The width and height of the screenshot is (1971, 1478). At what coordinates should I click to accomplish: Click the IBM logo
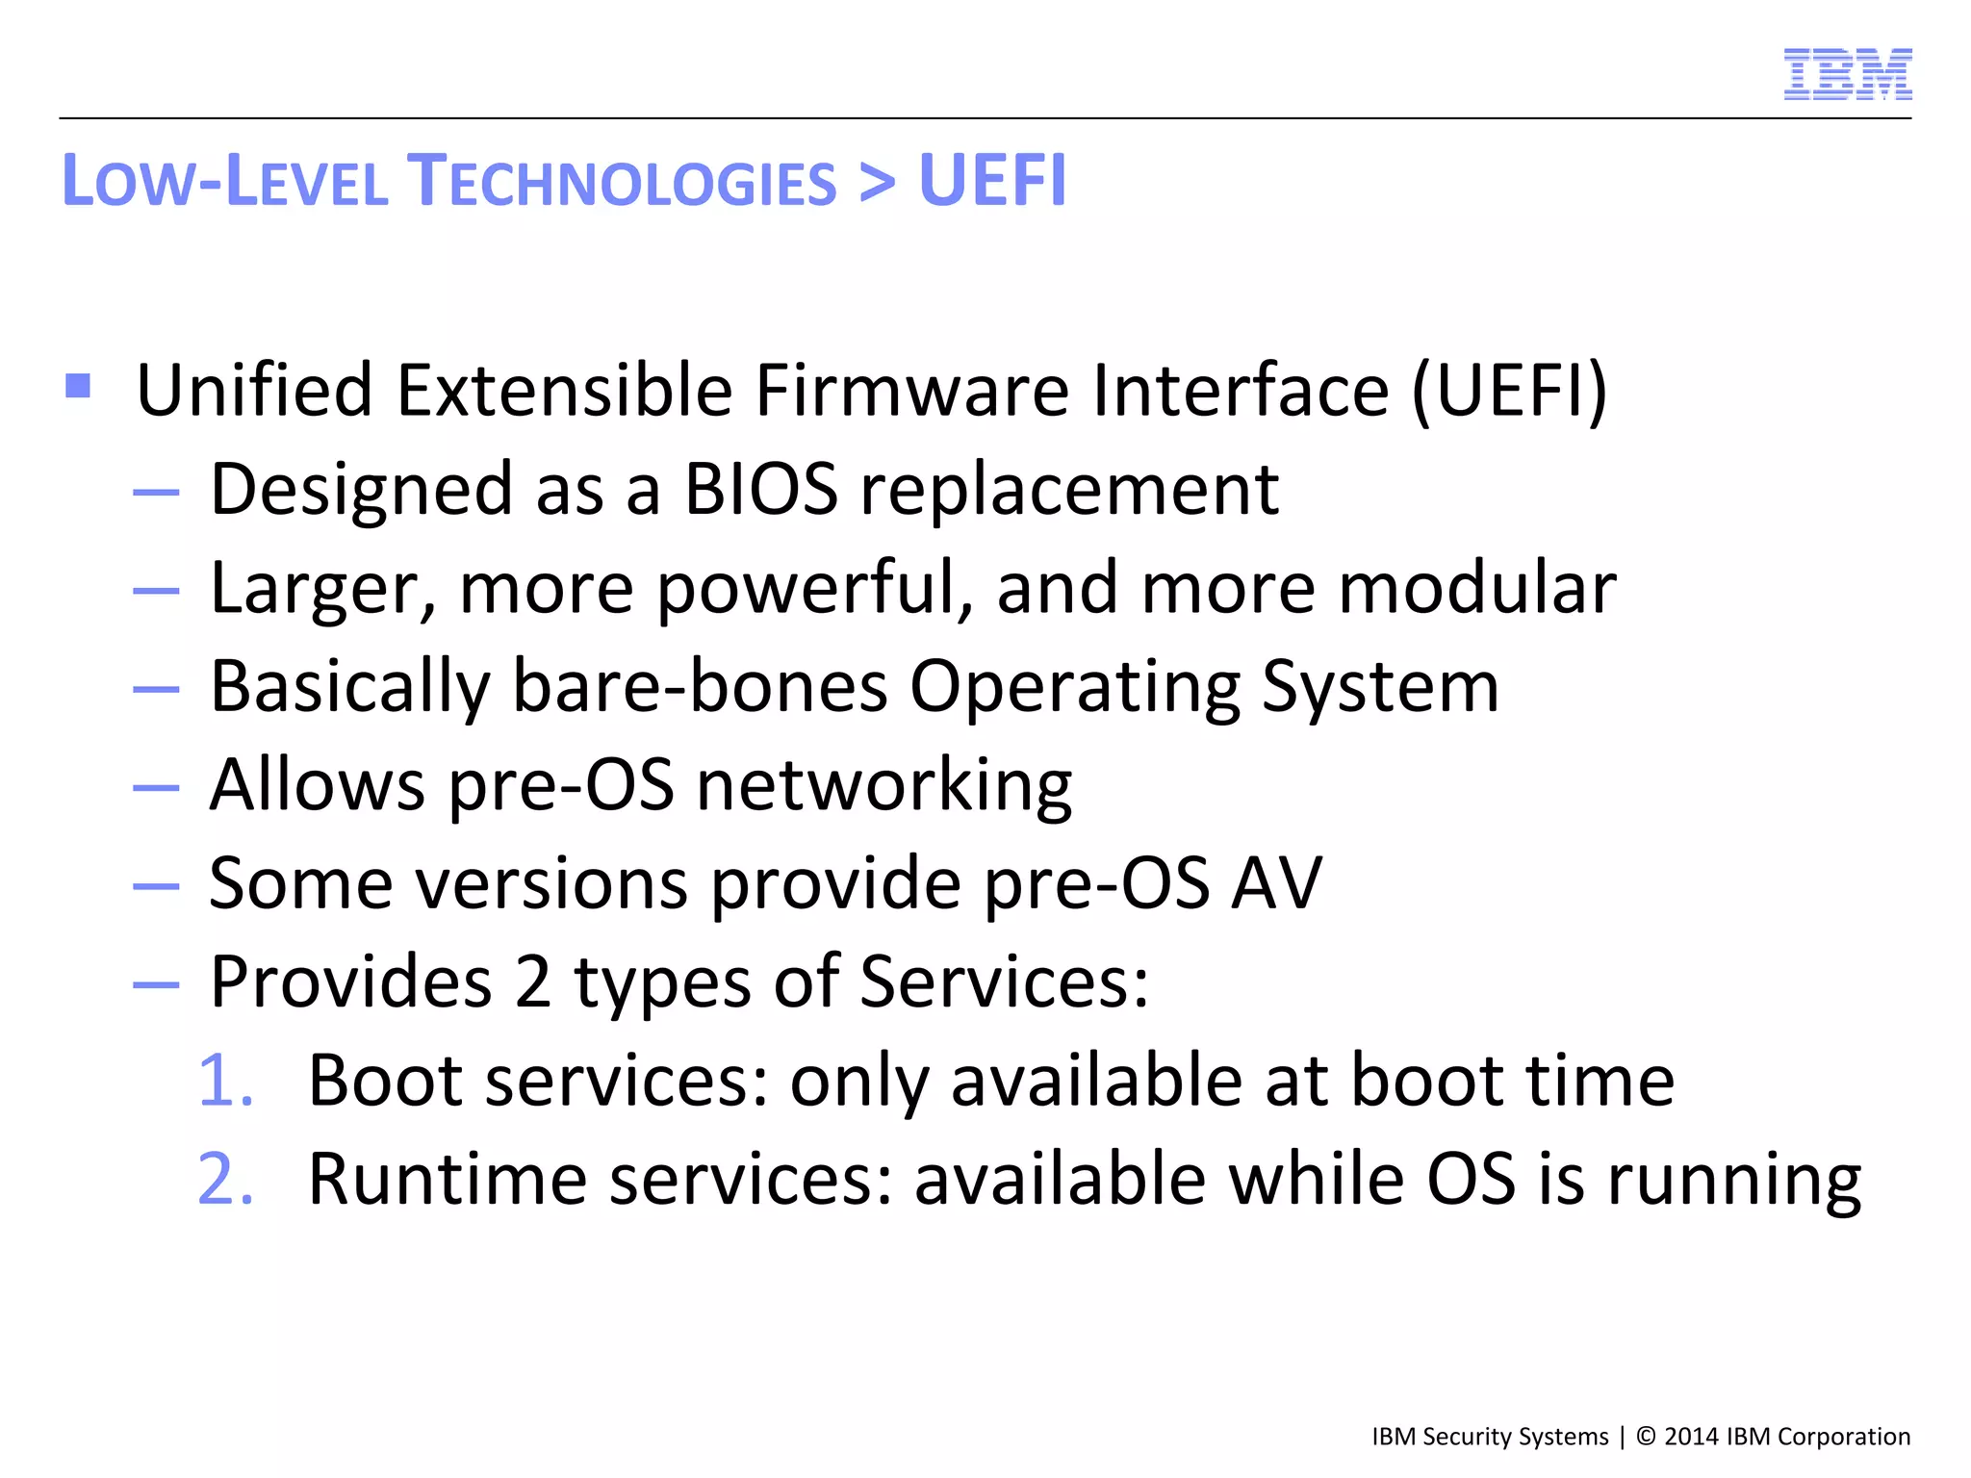(1847, 74)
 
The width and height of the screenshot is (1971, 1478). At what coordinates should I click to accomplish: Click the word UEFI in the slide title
(992, 180)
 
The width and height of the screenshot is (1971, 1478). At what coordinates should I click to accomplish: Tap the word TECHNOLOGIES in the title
(622, 180)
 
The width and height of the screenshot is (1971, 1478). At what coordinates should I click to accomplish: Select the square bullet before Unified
(78, 386)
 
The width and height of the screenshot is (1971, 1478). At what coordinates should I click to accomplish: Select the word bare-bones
(700, 686)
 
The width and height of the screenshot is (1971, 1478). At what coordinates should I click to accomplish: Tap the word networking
(883, 786)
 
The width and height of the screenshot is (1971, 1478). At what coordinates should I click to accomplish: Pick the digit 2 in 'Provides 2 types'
(532, 981)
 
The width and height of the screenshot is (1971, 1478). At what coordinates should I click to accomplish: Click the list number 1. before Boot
(225, 1081)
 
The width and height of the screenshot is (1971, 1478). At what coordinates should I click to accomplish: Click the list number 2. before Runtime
(225, 1179)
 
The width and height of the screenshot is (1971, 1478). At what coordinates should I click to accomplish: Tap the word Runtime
(447, 1179)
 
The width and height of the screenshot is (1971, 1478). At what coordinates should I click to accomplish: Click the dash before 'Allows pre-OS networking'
(156, 787)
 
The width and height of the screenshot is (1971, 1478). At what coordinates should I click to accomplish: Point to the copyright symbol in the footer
(1646, 1437)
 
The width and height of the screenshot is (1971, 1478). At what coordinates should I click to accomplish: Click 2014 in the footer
(1691, 1437)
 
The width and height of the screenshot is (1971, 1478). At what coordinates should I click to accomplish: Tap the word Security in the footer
(1467, 1437)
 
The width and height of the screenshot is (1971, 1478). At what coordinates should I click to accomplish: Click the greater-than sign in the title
(877, 180)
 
